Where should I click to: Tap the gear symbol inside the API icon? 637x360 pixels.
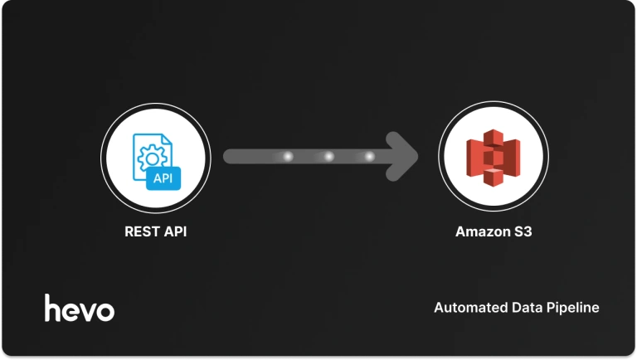point(150,157)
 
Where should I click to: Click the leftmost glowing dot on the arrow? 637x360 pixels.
point(289,156)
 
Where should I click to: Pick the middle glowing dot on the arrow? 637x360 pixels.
point(328,156)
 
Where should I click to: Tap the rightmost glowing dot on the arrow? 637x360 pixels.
point(368,156)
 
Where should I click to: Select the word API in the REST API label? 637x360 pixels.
point(173,231)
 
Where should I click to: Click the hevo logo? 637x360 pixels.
point(80,308)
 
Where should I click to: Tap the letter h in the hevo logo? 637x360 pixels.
point(52,307)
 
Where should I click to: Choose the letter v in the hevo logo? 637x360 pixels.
point(87,311)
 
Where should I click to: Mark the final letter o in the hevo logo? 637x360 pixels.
point(105,311)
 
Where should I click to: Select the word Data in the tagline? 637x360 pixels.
point(523,308)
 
